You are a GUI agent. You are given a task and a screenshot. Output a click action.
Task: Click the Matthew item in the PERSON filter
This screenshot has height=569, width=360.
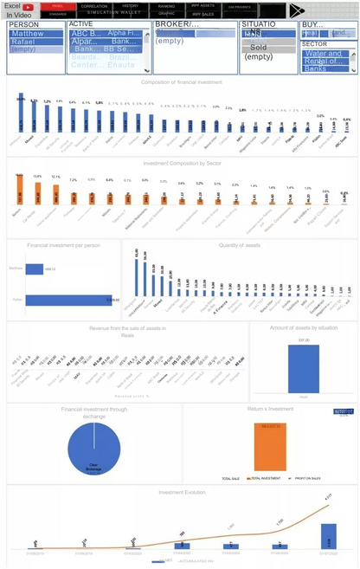coord(35,34)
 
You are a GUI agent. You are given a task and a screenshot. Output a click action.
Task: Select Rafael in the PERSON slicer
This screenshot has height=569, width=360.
coord(35,42)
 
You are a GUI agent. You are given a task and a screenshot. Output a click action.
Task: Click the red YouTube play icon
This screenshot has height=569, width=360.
coord(28,7)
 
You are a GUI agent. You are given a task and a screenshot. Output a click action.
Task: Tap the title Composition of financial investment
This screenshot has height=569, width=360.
coord(179,81)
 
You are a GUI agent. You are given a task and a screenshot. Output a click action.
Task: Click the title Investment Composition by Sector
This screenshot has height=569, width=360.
coord(179,162)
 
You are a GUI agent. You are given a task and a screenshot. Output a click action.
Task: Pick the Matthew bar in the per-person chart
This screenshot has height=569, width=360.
coord(35,269)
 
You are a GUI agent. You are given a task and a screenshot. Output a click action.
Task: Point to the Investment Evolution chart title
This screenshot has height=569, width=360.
coord(179,492)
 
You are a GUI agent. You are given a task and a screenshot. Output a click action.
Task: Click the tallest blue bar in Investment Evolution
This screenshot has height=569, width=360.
coord(329,536)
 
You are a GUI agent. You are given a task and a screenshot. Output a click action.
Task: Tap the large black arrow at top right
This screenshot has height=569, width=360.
coord(299,10)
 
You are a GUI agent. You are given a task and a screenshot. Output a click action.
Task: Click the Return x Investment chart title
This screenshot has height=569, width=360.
coord(270,407)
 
